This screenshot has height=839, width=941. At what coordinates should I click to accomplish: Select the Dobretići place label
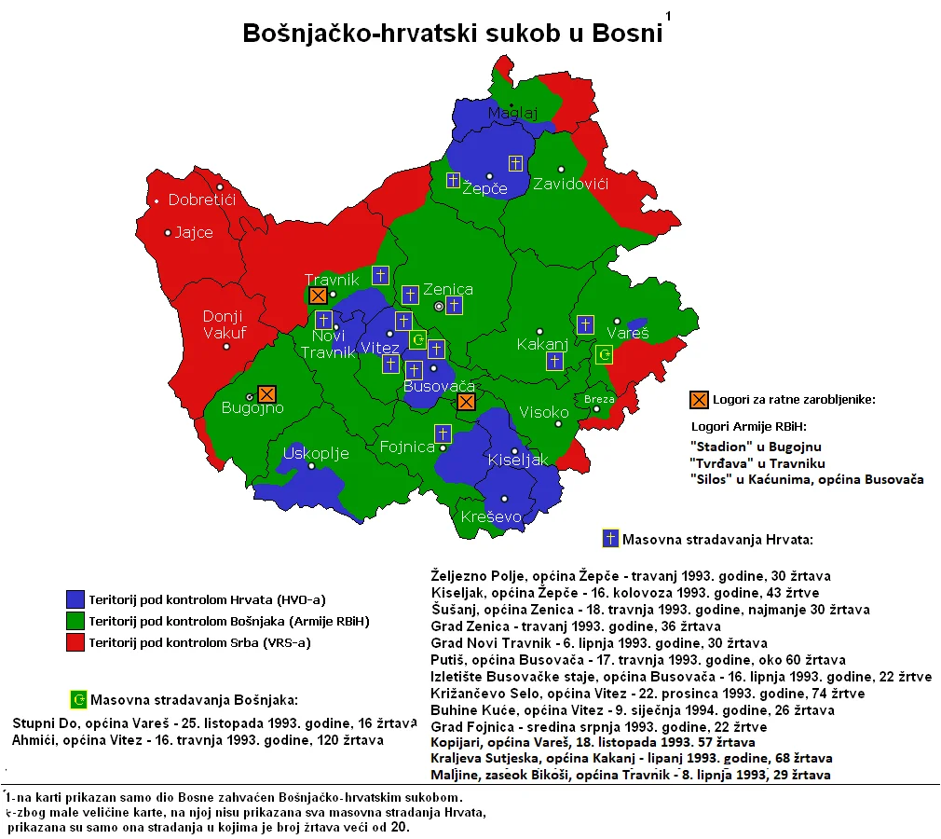202,199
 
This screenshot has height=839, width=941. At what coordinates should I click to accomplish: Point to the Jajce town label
194,232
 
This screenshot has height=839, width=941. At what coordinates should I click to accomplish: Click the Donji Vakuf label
223,325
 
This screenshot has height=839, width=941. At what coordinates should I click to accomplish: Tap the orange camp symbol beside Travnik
318,296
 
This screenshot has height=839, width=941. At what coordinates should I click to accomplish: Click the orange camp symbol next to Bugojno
267,394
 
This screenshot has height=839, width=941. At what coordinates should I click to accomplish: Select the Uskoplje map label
315,453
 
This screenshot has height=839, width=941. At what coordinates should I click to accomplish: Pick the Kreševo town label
491,516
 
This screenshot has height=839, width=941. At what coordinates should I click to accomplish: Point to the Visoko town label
543,412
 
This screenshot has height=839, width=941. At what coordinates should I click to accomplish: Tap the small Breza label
599,399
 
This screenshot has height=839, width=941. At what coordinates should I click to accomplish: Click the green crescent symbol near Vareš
605,354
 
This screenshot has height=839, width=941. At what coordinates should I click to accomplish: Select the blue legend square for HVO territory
75,598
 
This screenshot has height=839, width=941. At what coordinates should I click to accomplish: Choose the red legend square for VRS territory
75,642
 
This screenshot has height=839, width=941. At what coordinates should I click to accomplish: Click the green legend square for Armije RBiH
75,621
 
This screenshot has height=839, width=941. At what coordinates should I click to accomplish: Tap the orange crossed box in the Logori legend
699,399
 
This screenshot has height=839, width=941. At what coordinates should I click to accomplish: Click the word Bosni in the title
622,33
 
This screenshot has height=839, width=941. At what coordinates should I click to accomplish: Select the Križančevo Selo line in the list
648,694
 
